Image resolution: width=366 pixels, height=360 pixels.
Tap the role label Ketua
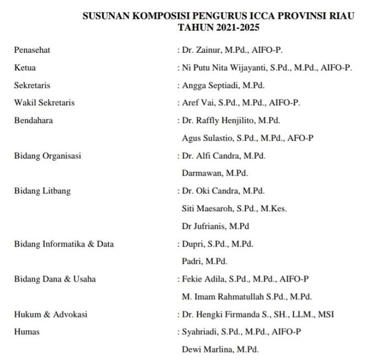[x=25, y=67]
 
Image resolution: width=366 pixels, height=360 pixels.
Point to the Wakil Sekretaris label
[x=44, y=102]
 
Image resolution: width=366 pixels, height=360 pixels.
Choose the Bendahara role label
[x=33, y=120]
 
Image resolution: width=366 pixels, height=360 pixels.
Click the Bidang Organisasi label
[x=47, y=156]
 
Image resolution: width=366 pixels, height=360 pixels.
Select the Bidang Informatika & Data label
[x=64, y=244]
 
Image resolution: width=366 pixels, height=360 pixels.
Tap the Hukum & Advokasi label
[x=50, y=314]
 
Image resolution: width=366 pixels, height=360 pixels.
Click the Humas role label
[x=27, y=332]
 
